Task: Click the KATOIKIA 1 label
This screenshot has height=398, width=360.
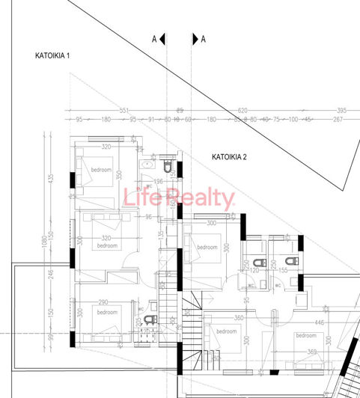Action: point(52,56)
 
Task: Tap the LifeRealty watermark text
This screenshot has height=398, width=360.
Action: point(179,199)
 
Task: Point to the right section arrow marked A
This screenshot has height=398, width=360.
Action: point(198,39)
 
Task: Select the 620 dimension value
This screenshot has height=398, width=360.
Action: point(242,110)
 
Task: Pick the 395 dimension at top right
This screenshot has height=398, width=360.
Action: point(341,110)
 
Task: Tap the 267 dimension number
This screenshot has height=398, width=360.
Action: point(338,119)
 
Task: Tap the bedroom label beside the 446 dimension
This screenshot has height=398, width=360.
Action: point(306,336)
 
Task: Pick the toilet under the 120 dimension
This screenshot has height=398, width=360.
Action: point(259,262)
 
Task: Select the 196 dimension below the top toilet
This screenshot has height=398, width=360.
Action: point(158,182)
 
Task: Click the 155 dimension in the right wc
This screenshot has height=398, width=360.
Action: point(283,269)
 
